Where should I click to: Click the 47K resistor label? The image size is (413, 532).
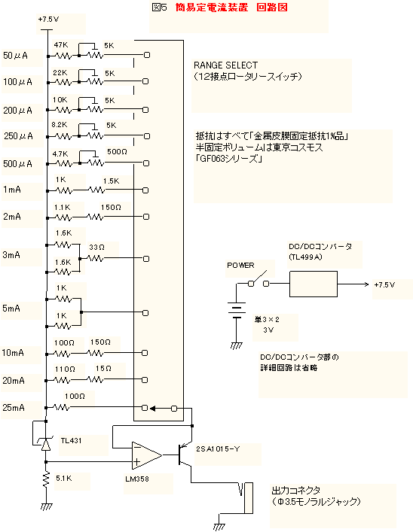coord(61,44)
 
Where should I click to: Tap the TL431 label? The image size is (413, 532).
coord(71,441)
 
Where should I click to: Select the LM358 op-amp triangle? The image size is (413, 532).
coord(147,455)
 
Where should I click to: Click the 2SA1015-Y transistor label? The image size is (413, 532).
coord(218,449)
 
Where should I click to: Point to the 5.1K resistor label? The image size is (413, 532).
coord(64,479)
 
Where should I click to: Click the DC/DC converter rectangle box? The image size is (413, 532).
coord(314,284)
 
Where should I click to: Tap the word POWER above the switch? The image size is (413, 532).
coord(240,266)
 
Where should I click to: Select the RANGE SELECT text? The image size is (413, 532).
coord(225,65)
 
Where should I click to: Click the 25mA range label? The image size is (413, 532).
coord(14,408)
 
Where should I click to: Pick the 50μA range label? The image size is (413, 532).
coord(15,55)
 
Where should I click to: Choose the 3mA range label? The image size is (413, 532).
coord(11,255)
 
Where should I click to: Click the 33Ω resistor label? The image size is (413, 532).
coord(97,248)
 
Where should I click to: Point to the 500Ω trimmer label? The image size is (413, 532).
coord(118,152)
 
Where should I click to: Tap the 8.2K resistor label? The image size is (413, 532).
coord(60,125)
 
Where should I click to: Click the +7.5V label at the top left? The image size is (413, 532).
coord(48,20)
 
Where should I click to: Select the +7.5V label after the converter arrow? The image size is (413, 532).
coord(384,284)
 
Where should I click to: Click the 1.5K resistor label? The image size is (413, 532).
coord(111,181)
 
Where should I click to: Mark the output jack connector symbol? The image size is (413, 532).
coord(246,497)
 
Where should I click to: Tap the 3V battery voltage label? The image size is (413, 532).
coord(268,330)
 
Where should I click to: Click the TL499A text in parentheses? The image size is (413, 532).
coord(305,257)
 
